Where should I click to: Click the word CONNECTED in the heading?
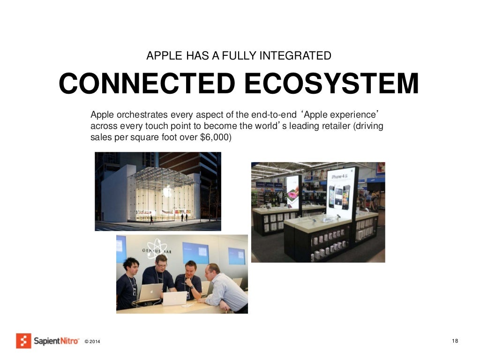tap(146, 84)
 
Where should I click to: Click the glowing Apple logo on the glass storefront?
tap(167, 191)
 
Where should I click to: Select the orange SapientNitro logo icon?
tap(23, 340)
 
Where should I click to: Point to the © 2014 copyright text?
tap(92, 341)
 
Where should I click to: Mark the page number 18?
tap(455, 340)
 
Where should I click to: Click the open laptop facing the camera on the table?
tap(174, 298)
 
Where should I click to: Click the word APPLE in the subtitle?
tap(162, 56)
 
